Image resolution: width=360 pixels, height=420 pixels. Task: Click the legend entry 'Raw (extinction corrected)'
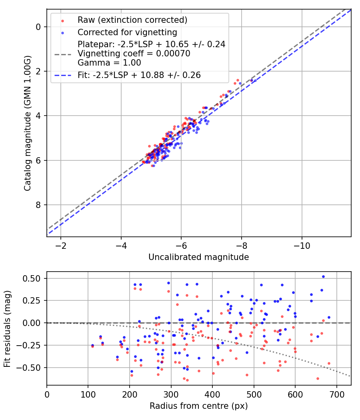click(x=132, y=20)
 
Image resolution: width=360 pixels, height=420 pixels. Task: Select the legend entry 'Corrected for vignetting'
click(x=127, y=32)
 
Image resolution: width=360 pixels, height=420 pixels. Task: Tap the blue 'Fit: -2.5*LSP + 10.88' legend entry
click(x=139, y=75)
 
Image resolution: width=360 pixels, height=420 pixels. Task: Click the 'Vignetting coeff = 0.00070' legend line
click(x=134, y=53)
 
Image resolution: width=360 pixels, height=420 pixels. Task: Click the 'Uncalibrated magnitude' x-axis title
click(x=198, y=257)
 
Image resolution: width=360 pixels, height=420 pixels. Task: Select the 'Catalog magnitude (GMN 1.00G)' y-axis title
click(x=27, y=123)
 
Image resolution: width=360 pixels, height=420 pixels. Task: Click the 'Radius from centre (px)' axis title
click(x=198, y=406)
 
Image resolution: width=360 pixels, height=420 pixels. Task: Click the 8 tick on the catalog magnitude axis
click(x=38, y=205)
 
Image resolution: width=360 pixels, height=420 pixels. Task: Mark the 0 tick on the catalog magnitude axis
click(x=38, y=27)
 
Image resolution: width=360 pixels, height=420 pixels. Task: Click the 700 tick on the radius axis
click(x=336, y=394)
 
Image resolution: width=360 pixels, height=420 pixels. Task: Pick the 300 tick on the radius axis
click(x=171, y=394)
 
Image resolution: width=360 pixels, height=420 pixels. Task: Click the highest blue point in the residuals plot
click(x=323, y=276)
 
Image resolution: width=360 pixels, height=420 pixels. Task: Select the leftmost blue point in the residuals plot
click(x=92, y=345)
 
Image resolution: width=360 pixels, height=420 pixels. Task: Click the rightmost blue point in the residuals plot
click(x=329, y=317)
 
